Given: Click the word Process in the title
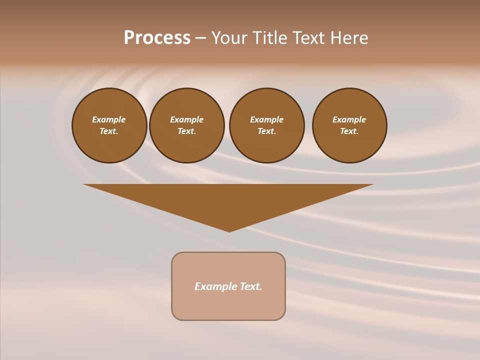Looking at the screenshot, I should pyautogui.click(x=157, y=38).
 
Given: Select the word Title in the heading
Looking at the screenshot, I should pyautogui.click(x=270, y=38).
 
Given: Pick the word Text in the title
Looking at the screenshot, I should pyautogui.click(x=308, y=38).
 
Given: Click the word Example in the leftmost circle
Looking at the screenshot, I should pyautogui.click(x=109, y=119).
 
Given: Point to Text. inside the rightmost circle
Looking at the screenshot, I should pyautogui.click(x=349, y=131).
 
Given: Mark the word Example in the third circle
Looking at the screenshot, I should pyautogui.click(x=266, y=119).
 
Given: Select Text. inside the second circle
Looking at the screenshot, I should pyautogui.click(x=186, y=131).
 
